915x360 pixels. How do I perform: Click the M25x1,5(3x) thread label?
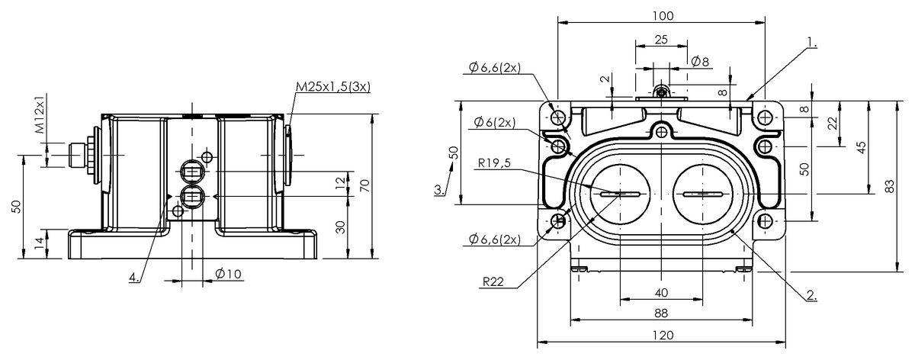pyautogui.click(x=333, y=87)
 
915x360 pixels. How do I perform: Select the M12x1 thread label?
pyautogui.click(x=39, y=114)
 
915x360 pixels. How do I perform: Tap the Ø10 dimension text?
pyautogui.click(x=228, y=273)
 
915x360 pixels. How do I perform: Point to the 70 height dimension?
pyautogui.click(x=365, y=186)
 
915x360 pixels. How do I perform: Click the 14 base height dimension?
pyautogui.click(x=39, y=243)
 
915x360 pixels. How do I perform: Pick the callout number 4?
pyautogui.click(x=134, y=277)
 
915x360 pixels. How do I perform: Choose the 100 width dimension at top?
pyautogui.click(x=663, y=15)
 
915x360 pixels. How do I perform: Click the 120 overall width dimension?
pyautogui.click(x=663, y=335)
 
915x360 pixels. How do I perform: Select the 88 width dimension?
pyautogui.click(x=661, y=313)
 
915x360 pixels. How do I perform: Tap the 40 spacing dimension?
pyautogui.click(x=661, y=293)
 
